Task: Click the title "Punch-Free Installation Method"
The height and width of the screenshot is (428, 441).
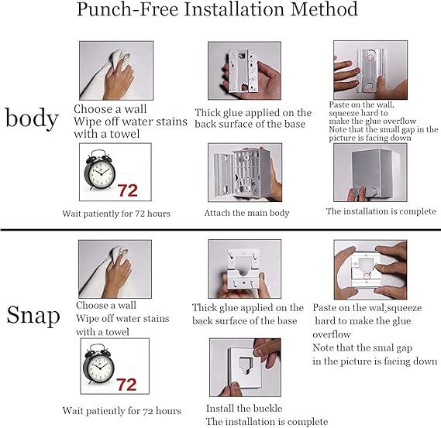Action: [x=217, y=9]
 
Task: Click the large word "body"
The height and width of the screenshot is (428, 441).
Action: [x=32, y=118]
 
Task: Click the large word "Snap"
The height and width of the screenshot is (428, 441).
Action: [x=33, y=316]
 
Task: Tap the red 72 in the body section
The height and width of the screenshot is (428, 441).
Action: [x=127, y=190]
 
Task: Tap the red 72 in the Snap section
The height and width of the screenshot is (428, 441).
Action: [x=126, y=385]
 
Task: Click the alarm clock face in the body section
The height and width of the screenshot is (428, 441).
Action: [x=101, y=172]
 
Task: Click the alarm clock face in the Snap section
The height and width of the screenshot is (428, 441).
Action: [x=98, y=367]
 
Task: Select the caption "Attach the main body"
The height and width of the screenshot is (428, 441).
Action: [x=246, y=213]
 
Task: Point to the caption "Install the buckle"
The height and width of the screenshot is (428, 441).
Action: [x=244, y=408]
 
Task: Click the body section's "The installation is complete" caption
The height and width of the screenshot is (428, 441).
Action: [x=381, y=211]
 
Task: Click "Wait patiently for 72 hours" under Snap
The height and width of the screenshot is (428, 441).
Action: [x=122, y=411]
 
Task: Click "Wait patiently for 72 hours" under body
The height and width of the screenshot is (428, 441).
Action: [x=116, y=214]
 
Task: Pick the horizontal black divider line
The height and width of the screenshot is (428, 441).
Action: [x=220, y=230]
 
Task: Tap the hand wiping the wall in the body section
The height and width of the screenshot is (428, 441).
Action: [x=119, y=79]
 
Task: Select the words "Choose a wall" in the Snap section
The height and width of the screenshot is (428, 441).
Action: [x=106, y=305]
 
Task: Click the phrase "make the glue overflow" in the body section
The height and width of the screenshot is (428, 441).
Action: [x=372, y=121]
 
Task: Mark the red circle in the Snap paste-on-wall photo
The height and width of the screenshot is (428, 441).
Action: [x=366, y=276]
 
